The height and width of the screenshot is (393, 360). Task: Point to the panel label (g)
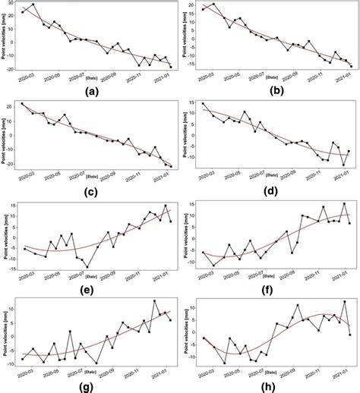93,386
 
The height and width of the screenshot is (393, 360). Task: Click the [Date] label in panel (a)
93,77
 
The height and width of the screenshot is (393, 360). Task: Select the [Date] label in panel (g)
93,373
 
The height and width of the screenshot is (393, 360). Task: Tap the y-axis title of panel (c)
5,137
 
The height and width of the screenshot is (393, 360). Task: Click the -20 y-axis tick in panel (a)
13,68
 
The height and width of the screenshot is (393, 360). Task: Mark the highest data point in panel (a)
33,5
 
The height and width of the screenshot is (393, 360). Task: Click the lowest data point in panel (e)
87,266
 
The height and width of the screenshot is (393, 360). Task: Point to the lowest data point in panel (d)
343,165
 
